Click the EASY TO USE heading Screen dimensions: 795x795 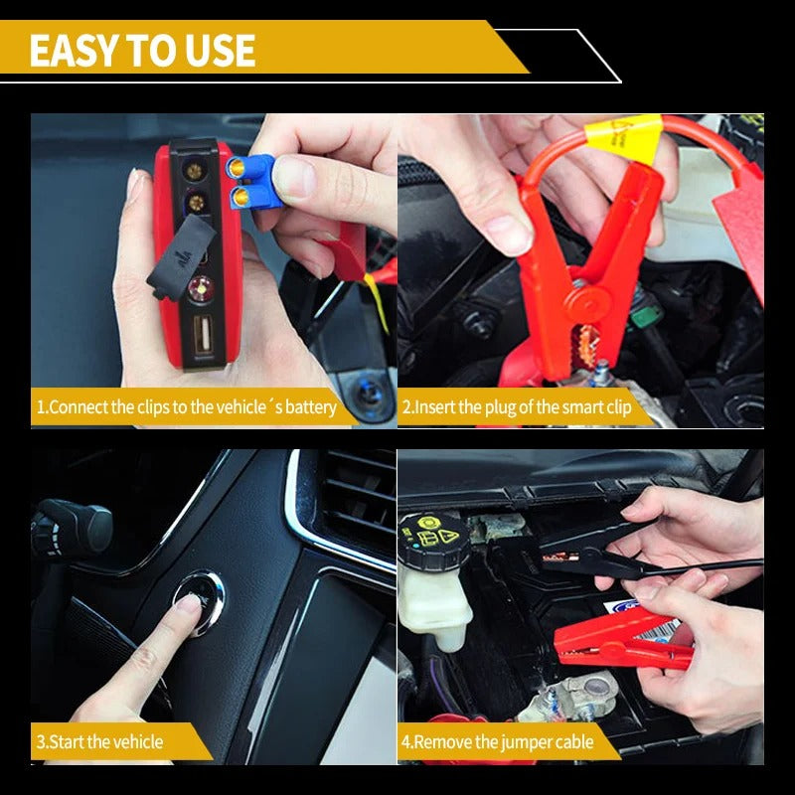coord(142,50)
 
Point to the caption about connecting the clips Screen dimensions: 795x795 coord(187,407)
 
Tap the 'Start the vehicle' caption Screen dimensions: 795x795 coord(99,741)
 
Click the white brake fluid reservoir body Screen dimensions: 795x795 coord(432,606)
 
